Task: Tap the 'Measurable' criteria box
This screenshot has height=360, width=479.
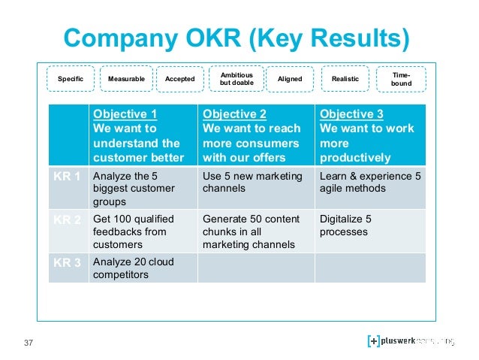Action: [x=126, y=79]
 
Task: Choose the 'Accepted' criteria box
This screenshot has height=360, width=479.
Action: [x=179, y=79]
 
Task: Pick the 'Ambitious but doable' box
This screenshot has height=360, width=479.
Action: [x=236, y=78]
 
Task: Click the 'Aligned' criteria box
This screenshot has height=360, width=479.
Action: [x=290, y=79]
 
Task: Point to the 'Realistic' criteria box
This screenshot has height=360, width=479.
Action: [x=345, y=79]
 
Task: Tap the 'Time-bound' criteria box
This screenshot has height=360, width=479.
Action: [x=402, y=78]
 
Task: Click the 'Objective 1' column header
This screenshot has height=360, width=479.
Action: [x=143, y=135]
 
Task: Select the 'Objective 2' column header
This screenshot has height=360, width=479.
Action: [x=255, y=135]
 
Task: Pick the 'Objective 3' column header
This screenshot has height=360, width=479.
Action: [x=369, y=135]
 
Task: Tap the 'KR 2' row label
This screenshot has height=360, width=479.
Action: [x=68, y=220]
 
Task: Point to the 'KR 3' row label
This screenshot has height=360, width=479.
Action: [x=68, y=263]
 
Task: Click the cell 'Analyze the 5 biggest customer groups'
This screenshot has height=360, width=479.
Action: [x=143, y=189]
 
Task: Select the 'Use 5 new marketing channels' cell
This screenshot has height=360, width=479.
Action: [x=255, y=183]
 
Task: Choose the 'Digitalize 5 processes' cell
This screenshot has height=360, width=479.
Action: [x=369, y=226]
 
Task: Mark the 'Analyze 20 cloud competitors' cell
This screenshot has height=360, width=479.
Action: [x=143, y=268]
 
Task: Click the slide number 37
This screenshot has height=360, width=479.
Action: [x=29, y=343]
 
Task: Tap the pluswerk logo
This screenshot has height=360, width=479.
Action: [x=411, y=341]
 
